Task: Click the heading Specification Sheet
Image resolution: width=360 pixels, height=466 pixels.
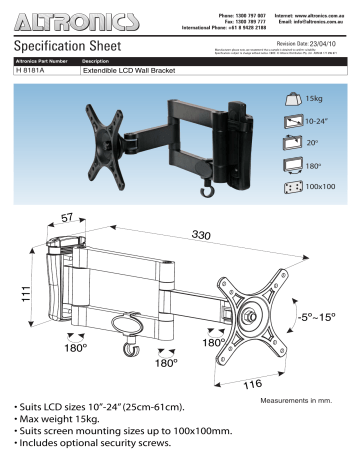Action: (68, 47)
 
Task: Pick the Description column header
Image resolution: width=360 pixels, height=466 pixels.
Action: (102, 63)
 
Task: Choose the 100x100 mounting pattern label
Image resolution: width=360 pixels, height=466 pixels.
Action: (321, 186)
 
